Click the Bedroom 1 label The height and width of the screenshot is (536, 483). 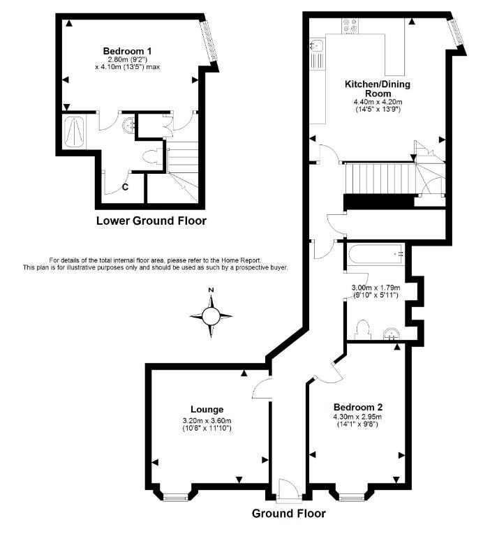[x=127, y=51]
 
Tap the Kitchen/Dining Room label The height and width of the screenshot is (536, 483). [x=378, y=89]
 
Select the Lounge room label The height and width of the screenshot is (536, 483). [x=207, y=409]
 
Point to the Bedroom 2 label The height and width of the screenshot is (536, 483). [x=358, y=407]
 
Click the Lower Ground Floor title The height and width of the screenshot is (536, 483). [x=151, y=221]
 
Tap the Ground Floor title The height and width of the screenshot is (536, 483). [x=289, y=513]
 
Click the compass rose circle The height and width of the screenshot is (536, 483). [x=211, y=316]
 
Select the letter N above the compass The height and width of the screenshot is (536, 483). [x=211, y=290]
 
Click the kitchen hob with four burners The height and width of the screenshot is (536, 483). [x=350, y=26]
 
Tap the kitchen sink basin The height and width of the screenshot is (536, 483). [x=317, y=45]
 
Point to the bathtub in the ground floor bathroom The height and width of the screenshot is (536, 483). [x=376, y=254]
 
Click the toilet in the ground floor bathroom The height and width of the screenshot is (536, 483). [x=363, y=329]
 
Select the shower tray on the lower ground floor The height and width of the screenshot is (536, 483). [x=74, y=132]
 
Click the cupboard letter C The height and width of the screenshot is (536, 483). [x=125, y=187]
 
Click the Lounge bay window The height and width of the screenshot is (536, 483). [x=176, y=497]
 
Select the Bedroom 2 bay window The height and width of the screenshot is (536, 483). [x=352, y=497]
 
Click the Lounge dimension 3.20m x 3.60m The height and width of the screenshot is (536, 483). [x=207, y=421]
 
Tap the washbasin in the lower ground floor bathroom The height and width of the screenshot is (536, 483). [x=128, y=124]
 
